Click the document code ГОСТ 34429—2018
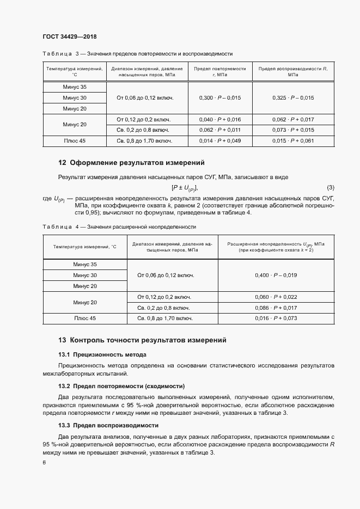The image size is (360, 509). coord(69,36)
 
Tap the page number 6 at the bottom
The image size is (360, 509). coord(44,462)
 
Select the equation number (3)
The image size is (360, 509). coord(330,188)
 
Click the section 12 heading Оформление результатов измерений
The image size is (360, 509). coord(131,162)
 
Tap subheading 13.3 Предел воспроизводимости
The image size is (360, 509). coord(108,425)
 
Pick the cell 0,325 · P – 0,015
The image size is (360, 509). coord(292,97)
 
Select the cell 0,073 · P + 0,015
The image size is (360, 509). coord(292,130)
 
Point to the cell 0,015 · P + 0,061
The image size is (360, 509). coord(292,141)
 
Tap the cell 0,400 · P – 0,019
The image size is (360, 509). coord(276,275)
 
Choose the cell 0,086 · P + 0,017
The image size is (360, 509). coord(276,308)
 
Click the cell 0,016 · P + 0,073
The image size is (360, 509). coord(276,318)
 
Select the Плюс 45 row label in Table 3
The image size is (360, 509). coord(75,141)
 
